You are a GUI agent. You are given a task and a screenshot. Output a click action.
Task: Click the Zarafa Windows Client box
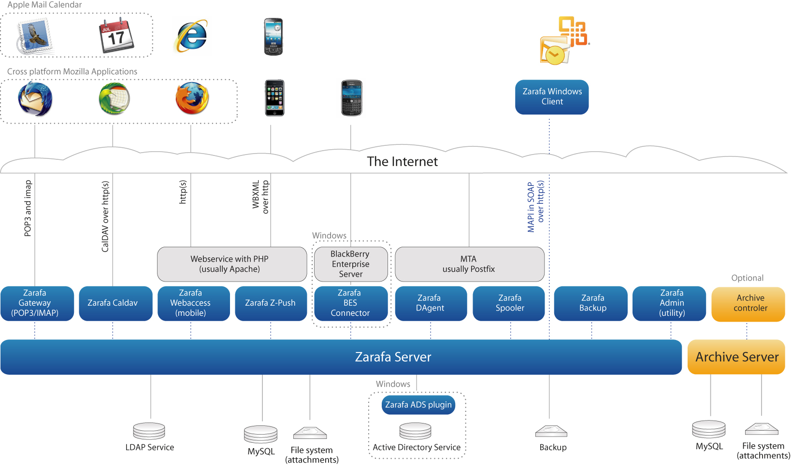pyautogui.click(x=552, y=97)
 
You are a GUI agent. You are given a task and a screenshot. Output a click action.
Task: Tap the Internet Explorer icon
pyautogui.click(x=191, y=36)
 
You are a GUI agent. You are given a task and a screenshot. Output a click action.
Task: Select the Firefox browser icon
pyautogui.click(x=192, y=98)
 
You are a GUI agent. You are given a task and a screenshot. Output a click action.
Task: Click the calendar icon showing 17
pyautogui.click(x=116, y=35)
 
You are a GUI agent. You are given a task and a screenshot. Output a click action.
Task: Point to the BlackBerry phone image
pyautogui.click(x=351, y=98)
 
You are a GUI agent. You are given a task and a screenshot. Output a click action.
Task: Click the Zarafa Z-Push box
pyautogui.click(x=271, y=303)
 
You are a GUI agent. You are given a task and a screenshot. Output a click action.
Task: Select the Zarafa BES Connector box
pyautogui.click(x=350, y=303)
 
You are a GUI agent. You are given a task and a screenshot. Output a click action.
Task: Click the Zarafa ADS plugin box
pyautogui.click(x=418, y=405)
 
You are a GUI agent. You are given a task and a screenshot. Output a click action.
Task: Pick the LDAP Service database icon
pyautogui.click(x=149, y=431)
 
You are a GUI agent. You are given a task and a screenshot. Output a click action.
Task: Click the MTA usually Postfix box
pyautogui.click(x=469, y=264)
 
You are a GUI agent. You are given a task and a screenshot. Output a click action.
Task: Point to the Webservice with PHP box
pyautogui.click(x=231, y=264)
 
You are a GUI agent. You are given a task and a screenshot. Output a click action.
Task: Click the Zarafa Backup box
pyautogui.click(x=590, y=303)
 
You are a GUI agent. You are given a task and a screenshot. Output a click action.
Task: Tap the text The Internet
pyautogui.click(x=402, y=161)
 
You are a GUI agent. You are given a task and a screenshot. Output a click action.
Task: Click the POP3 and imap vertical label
pyautogui.click(x=28, y=208)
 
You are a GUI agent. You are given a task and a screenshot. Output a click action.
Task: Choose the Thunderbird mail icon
pyautogui.click(x=35, y=99)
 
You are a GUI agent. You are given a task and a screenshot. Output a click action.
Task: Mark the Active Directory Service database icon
pyautogui.click(x=416, y=431)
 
